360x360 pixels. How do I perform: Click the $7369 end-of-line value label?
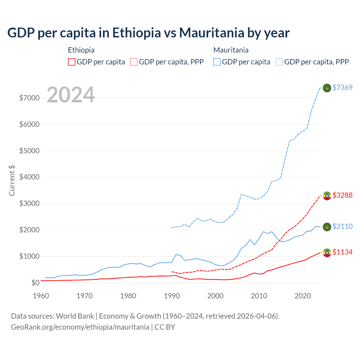pyautogui.click(x=342, y=87)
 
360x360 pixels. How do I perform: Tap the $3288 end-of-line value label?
pyautogui.click(x=342, y=195)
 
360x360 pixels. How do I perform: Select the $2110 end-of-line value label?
pyautogui.click(x=342, y=226)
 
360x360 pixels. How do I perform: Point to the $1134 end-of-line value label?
pyautogui.click(x=342, y=252)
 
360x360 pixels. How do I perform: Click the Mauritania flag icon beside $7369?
pyautogui.click(x=327, y=88)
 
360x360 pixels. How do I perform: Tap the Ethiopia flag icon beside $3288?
pyautogui.click(x=327, y=195)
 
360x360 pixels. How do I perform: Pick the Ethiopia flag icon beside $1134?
pyautogui.click(x=327, y=253)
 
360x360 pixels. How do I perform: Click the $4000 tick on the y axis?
pyautogui.click(x=29, y=177)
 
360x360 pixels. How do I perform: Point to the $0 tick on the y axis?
pyautogui.click(x=35, y=283)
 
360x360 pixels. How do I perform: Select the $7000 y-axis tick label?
pyautogui.click(x=29, y=98)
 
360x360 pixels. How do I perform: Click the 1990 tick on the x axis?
pyautogui.click(x=172, y=296)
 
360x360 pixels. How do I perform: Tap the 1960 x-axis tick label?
pyautogui.click(x=41, y=296)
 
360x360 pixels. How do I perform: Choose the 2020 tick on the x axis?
pyautogui.click(x=303, y=296)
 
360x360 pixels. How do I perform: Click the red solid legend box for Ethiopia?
pyautogui.click(x=72, y=62)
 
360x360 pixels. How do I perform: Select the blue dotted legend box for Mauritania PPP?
pyautogui.click(x=279, y=62)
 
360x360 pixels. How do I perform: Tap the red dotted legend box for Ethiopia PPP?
pyautogui.click(x=134, y=62)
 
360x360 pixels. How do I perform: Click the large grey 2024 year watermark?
pyautogui.click(x=71, y=95)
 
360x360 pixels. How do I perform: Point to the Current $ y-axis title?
pyautogui.click(x=12, y=181)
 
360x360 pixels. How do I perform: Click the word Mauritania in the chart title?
pyautogui.click(x=211, y=33)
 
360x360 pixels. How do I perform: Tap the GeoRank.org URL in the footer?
pyautogui.click(x=80, y=327)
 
